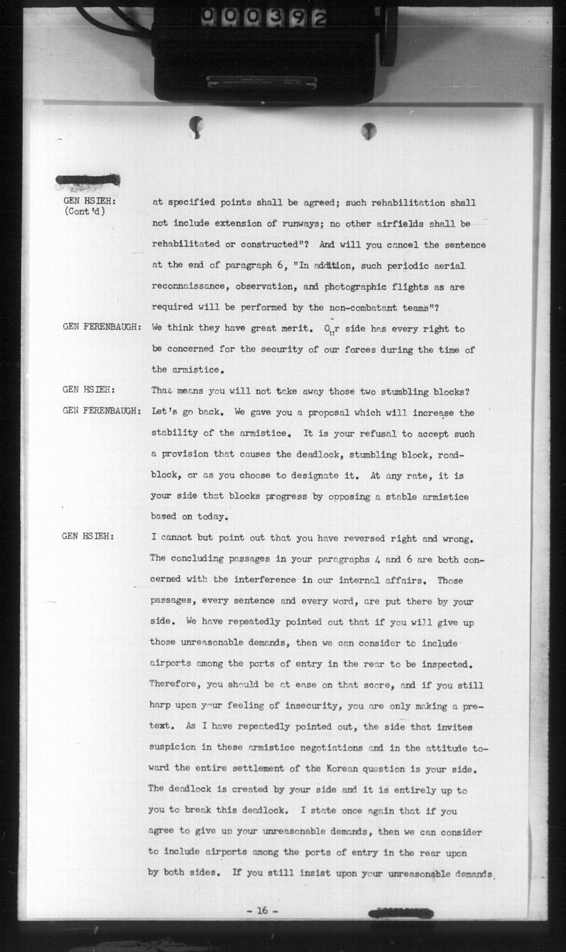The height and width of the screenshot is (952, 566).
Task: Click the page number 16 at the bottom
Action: click(x=262, y=911)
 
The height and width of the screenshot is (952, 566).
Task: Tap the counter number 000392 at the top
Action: click(x=264, y=17)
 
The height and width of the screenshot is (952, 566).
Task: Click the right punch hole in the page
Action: click(x=369, y=129)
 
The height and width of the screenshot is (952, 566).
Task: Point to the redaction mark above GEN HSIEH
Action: click(x=88, y=181)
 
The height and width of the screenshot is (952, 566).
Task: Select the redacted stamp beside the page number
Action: click(x=402, y=913)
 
